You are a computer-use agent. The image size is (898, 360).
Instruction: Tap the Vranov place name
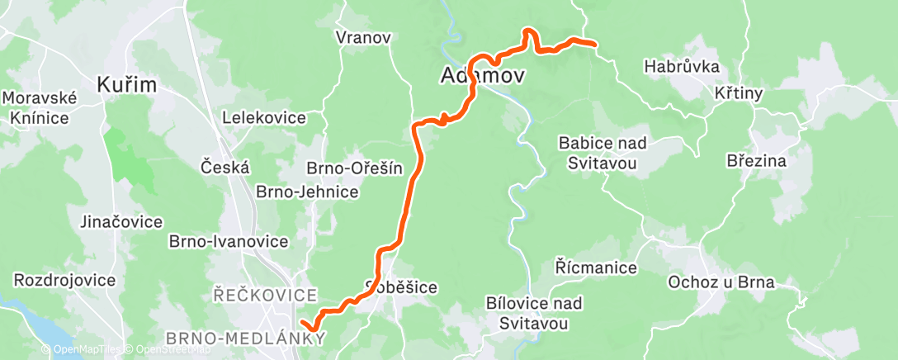[363, 37]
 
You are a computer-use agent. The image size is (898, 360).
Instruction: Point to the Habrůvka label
[682, 66]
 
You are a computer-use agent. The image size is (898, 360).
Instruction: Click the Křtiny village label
[738, 94]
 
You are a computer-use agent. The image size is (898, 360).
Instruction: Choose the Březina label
[757, 160]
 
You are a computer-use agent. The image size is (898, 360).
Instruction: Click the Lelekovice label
[264, 118]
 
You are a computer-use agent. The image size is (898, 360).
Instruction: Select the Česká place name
[225, 167]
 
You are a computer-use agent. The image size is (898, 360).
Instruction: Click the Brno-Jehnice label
[307, 192]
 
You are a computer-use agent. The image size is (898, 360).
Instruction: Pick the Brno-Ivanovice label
[228, 242]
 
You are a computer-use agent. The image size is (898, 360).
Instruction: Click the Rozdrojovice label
[65, 280]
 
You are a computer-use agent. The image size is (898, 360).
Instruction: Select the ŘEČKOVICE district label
[264, 295]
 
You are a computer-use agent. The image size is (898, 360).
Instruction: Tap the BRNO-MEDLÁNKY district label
[245, 339]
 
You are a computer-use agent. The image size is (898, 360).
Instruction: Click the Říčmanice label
[596, 268]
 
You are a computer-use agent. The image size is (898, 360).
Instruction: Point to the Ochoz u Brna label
[721, 282]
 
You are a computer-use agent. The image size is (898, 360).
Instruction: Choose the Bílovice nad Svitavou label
[534, 313]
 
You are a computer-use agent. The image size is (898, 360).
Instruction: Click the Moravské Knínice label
[40, 107]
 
